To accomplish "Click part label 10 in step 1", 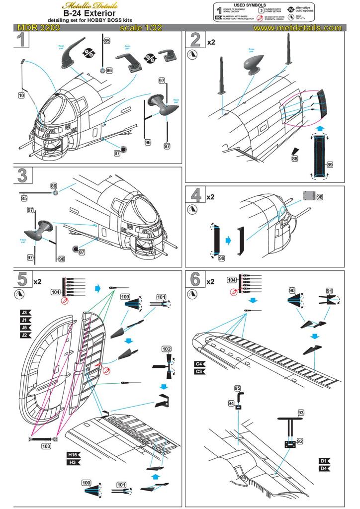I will (21, 94).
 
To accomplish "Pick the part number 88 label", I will (295, 158).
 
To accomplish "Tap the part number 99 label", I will (222, 258).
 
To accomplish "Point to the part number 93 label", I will (300, 413).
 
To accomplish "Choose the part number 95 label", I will (237, 388).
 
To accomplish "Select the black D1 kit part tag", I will (324, 461).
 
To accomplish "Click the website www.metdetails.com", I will (297, 28).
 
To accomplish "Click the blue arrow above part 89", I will (320, 128).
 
